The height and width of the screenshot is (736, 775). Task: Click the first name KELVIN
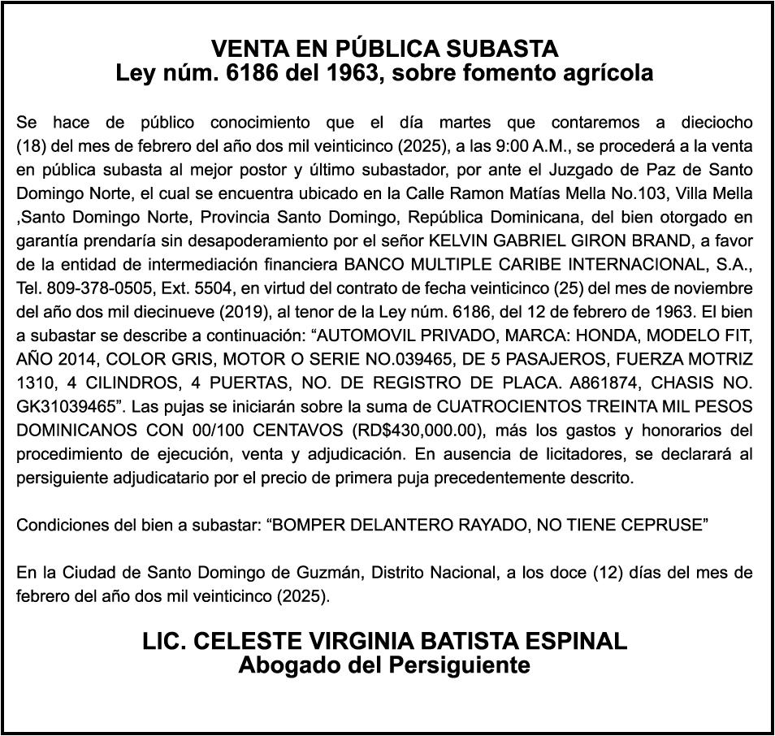461,241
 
